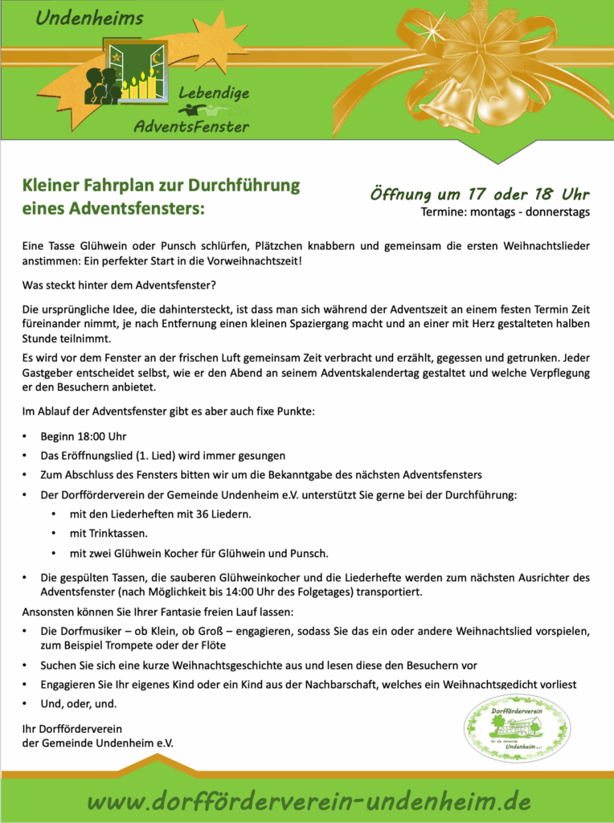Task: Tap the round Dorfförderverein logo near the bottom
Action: coord(518,727)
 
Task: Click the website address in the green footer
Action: coord(309,800)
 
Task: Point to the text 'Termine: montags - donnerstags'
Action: coord(505,212)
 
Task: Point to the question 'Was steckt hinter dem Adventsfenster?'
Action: coord(120,285)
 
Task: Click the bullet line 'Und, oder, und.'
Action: coord(79,704)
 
